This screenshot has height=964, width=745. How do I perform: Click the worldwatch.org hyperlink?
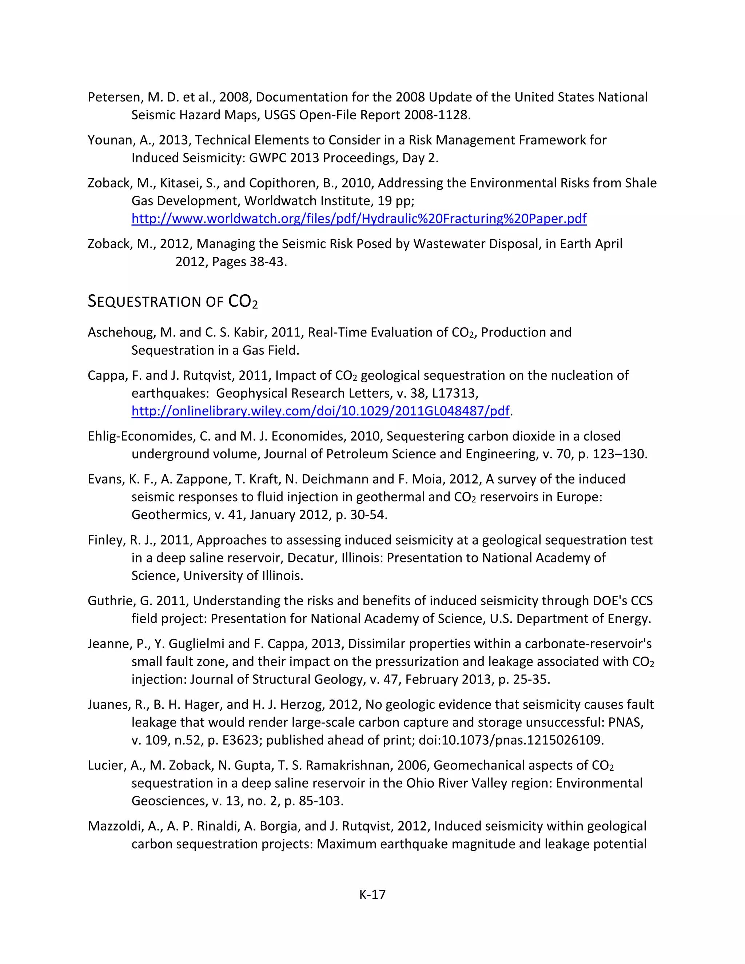(x=359, y=219)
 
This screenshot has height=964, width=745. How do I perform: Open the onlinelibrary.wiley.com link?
(x=320, y=411)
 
